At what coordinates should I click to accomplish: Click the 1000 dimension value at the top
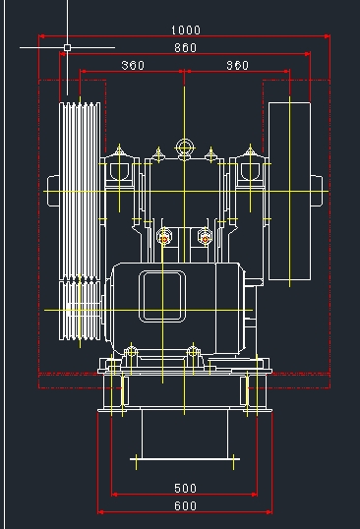coord(186,30)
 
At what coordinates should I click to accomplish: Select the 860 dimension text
coord(185,47)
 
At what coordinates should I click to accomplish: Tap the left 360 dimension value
coord(133,65)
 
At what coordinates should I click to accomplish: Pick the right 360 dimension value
coord(237,65)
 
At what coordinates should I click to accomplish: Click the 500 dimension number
coord(185,488)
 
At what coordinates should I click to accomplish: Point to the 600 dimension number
coord(185,505)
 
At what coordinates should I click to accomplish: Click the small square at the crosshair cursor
coord(67,47)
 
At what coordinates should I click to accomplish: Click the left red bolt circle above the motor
coord(164,239)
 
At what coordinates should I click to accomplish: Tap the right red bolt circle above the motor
coord(205,239)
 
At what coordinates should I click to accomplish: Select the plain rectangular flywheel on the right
coord(289,191)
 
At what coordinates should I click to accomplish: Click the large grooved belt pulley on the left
coord(80,191)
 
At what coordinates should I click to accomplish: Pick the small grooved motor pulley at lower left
coord(80,311)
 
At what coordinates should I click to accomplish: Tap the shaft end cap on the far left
coord(53,191)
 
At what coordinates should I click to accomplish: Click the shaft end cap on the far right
coord(317,191)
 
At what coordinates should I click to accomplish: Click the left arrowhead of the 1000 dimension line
coord(41,35)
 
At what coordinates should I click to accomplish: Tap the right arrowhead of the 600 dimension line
coord(270,512)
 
